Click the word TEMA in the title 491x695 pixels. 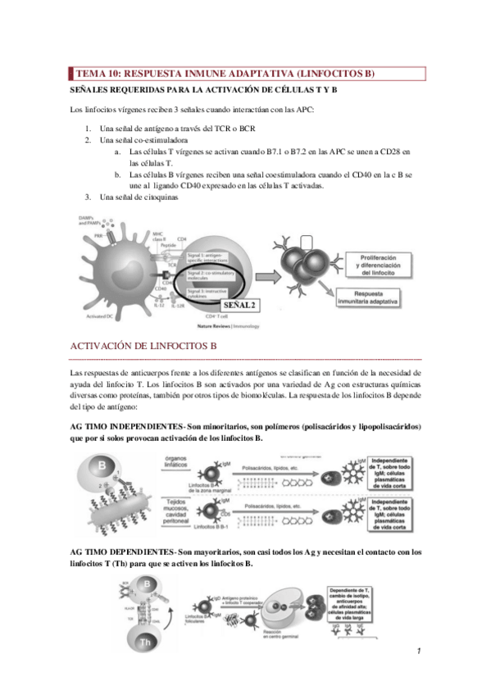90,73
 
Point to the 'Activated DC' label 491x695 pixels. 104,316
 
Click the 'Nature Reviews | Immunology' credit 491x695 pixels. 234,325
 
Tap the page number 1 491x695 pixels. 419,651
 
